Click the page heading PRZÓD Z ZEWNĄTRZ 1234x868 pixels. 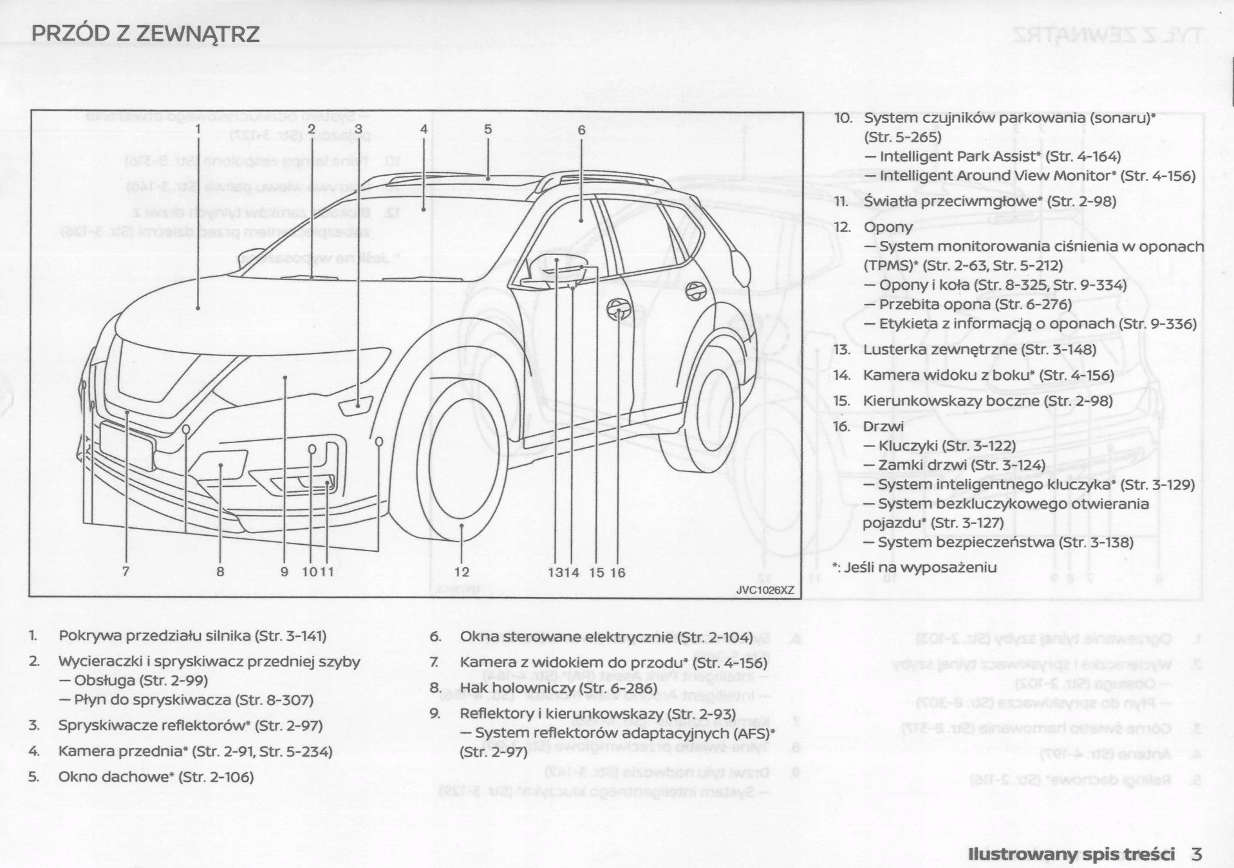(145, 33)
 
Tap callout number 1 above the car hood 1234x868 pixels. (198, 129)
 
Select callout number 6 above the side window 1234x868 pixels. (581, 130)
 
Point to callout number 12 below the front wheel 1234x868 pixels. (462, 572)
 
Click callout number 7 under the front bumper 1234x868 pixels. (126, 571)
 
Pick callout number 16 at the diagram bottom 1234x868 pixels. (618, 572)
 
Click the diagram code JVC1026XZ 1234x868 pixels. (765, 590)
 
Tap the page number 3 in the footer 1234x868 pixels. (1196, 854)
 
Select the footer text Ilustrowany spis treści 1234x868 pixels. (1071, 854)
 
